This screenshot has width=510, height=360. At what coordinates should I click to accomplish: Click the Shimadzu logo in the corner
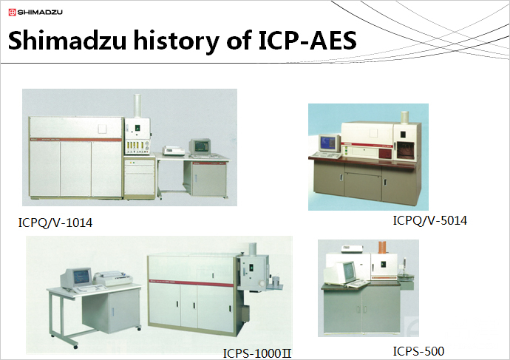click(35, 13)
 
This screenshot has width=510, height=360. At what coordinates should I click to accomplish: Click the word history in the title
click(176, 41)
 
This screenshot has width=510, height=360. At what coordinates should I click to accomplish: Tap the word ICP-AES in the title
click(307, 40)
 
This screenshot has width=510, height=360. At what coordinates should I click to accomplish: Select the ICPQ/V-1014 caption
click(55, 223)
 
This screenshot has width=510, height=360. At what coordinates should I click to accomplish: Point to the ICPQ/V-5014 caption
click(430, 220)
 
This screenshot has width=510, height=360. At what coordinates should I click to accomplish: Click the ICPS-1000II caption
click(257, 353)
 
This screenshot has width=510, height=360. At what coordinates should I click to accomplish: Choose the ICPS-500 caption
click(418, 351)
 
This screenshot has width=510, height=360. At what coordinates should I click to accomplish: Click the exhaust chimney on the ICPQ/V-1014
click(137, 106)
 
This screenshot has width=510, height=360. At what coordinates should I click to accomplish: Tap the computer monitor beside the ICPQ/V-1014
click(200, 146)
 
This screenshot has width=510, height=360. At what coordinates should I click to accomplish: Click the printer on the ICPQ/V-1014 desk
click(174, 150)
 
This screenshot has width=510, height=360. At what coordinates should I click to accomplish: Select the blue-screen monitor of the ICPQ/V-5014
click(330, 143)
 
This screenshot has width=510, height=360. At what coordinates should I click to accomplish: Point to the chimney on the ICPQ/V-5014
click(404, 117)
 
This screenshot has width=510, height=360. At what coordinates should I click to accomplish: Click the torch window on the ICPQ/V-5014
click(405, 151)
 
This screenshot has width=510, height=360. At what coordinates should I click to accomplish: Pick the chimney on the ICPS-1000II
click(252, 249)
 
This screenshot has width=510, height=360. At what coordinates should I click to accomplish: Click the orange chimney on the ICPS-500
click(383, 247)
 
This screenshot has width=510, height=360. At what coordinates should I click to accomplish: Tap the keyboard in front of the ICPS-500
click(358, 284)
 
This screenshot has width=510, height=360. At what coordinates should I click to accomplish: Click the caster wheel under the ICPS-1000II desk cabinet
click(139, 329)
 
